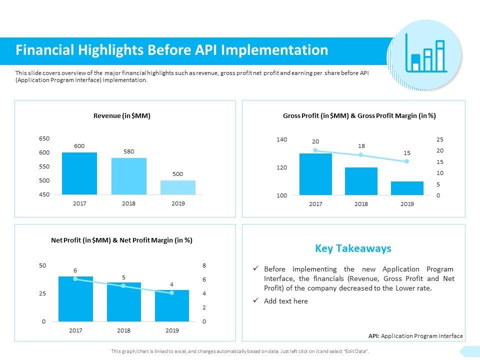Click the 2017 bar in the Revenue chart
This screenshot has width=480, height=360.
pos(79,173)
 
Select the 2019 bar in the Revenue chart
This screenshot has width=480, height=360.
pos(178,187)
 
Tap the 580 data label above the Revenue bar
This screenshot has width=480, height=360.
pos(129,151)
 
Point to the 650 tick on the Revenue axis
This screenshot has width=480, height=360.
pos(44,138)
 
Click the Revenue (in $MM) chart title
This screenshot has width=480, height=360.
pos(122,115)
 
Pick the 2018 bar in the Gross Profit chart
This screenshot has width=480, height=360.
pos(361,181)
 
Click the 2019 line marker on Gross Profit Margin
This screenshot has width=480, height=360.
pos(407,161)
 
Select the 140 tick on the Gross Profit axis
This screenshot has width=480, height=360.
pos(281,139)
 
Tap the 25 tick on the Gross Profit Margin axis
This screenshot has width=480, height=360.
pos(439,139)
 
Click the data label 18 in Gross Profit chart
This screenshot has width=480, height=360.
pos(361,145)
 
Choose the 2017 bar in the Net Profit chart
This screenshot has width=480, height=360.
pos(75,298)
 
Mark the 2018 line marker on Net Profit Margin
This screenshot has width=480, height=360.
pos(123,285)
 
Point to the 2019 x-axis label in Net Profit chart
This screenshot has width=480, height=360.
pos(172,330)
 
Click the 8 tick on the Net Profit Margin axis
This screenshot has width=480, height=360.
pos(204,265)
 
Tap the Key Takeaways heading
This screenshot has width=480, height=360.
pos(353,248)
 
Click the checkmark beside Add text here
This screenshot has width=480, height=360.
pos(256,300)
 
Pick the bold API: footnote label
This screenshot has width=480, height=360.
pos(374,336)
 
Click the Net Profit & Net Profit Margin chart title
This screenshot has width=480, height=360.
pos(122,240)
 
